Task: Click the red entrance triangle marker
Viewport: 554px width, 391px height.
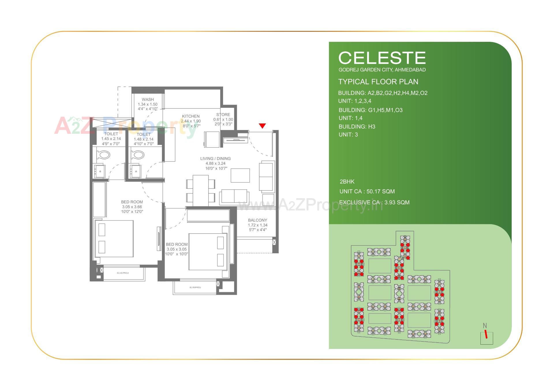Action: coord(262,126)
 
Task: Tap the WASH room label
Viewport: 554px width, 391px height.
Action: coord(148,99)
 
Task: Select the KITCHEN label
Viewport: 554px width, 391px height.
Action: coord(191,116)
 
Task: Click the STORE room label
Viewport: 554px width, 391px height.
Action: coord(223,114)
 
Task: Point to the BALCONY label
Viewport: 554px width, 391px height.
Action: coord(257,220)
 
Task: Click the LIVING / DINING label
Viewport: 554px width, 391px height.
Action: coord(216,158)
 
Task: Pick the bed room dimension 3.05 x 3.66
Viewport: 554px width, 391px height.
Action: coord(132,207)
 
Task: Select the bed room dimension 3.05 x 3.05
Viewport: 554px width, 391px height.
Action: coord(177,249)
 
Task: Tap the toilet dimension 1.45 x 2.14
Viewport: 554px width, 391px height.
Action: coord(111,139)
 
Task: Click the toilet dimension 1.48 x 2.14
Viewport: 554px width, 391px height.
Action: coord(144,139)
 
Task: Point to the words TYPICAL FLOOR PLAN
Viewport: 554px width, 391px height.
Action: coord(378,82)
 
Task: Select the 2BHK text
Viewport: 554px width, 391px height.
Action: coord(347,182)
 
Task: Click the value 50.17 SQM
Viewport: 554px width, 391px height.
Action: coord(381,191)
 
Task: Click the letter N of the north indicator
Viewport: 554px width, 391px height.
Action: coord(485,326)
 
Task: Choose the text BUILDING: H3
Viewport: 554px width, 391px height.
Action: coord(357,126)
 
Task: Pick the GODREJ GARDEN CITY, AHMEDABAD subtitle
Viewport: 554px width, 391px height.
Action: coord(382,70)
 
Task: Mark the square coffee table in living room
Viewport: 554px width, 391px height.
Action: coord(240,175)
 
